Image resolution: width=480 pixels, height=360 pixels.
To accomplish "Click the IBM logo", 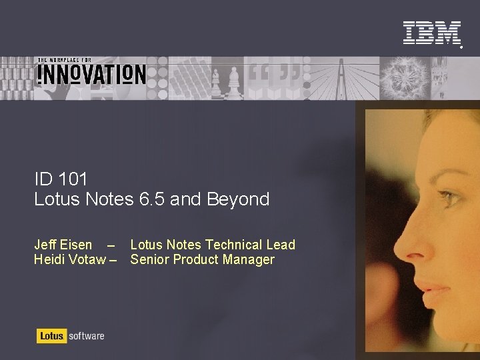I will [x=431, y=33].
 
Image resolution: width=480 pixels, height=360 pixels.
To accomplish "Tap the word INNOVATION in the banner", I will [x=91, y=73].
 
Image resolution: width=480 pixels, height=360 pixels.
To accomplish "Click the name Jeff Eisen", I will [x=63, y=245].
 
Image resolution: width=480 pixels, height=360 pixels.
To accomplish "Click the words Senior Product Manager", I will [x=202, y=259].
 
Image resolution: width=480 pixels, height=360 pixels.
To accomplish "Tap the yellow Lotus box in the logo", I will [x=50, y=336].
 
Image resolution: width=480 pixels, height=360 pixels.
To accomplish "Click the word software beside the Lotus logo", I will [x=85, y=336].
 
